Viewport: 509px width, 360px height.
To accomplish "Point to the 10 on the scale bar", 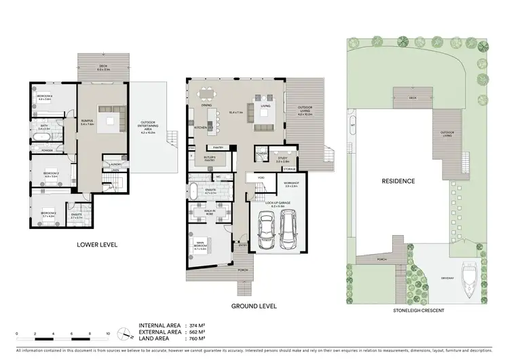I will point(108,334).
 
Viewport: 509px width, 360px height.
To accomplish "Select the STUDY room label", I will point(264,159).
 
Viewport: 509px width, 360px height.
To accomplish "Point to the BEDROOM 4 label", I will point(45,96).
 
